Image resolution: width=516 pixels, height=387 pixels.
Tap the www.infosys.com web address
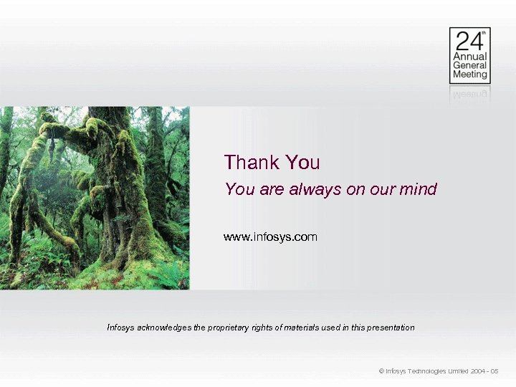tap(270, 236)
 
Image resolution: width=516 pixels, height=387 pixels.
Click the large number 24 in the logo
tap(464, 40)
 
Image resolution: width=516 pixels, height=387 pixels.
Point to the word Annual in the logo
tap(469, 57)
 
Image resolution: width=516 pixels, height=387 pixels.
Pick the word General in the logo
tap(469, 65)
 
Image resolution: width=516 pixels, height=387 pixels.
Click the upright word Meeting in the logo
tap(469, 74)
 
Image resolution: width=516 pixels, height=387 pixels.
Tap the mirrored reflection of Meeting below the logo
tap(469, 92)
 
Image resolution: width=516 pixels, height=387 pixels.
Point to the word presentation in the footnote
tap(389, 328)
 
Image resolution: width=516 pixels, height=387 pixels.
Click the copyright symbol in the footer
tap(381, 371)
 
